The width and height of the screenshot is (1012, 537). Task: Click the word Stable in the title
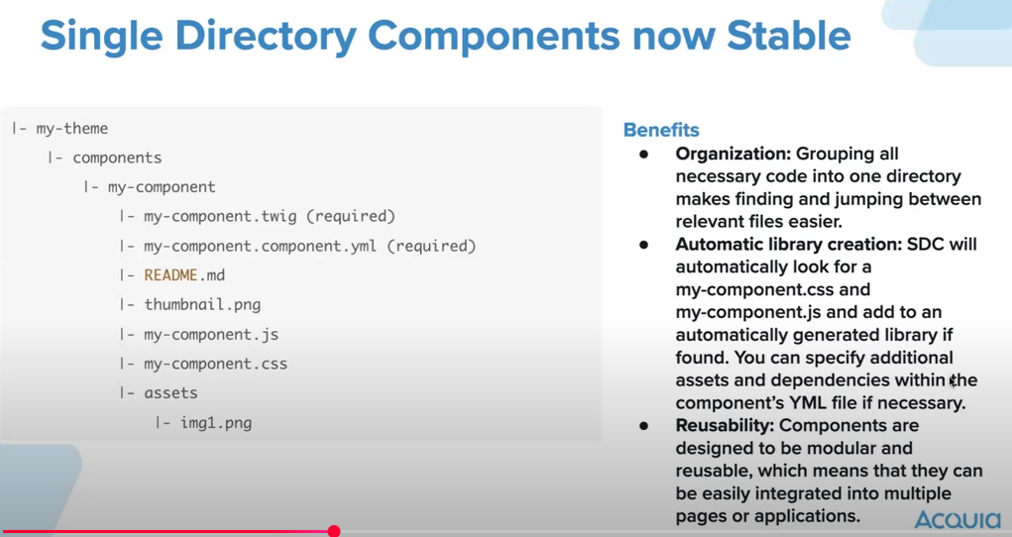pyautogui.click(x=789, y=36)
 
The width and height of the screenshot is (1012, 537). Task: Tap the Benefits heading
pyautogui.click(x=661, y=130)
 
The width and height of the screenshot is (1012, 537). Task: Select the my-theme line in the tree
pyautogui.click(x=71, y=129)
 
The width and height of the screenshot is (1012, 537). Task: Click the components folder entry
pyautogui.click(x=117, y=158)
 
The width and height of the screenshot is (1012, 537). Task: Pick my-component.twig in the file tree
pyautogui.click(x=220, y=216)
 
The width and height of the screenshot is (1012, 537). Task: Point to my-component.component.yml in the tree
pyautogui.click(x=260, y=246)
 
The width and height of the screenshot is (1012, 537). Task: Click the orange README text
pyautogui.click(x=170, y=275)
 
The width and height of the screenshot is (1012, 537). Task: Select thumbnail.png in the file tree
pyautogui.click(x=202, y=304)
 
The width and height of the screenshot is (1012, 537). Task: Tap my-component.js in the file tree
pyautogui.click(x=211, y=334)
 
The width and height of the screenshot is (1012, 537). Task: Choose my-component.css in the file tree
pyautogui.click(x=215, y=364)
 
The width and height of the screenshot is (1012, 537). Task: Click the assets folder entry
pyautogui.click(x=170, y=393)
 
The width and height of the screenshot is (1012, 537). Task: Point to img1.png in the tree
pyautogui.click(x=215, y=423)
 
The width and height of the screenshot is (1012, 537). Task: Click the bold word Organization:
pyautogui.click(x=733, y=155)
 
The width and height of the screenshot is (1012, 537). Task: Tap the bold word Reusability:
pyautogui.click(x=725, y=426)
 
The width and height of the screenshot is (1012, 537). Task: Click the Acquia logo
pyautogui.click(x=957, y=519)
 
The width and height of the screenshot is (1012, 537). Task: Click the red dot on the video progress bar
pyautogui.click(x=334, y=531)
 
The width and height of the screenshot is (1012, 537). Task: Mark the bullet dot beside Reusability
pyautogui.click(x=643, y=426)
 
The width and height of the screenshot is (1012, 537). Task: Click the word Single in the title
pyautogui.click(x=101, y=36)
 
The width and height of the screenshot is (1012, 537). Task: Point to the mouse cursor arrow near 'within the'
pyautogui.click(x=953, y=382)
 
